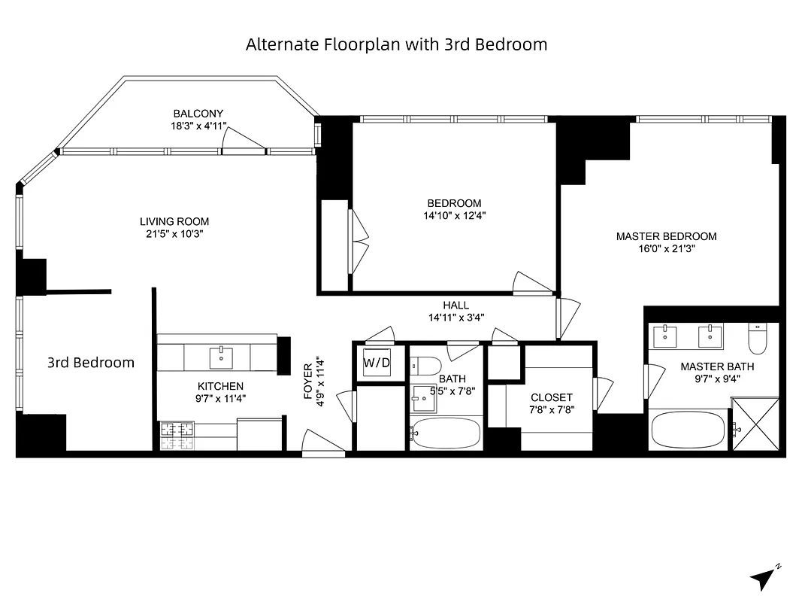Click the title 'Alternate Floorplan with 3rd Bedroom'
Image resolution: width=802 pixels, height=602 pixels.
point(396,44)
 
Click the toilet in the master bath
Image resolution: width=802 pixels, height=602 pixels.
point(756,339)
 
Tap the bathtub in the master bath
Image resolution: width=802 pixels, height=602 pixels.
point(688,430)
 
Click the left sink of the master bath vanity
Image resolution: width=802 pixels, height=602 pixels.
point(666,336)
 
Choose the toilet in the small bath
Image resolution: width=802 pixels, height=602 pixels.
point(425,366)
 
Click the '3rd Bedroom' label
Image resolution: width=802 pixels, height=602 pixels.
point(91,363)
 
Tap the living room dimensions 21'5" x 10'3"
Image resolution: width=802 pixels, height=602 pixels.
point(174,234)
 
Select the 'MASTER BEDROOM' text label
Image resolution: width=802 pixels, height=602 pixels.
point(666,236)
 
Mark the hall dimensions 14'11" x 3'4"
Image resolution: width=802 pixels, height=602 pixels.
point(455,318)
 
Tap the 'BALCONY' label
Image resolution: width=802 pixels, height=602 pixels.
point(198,114)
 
